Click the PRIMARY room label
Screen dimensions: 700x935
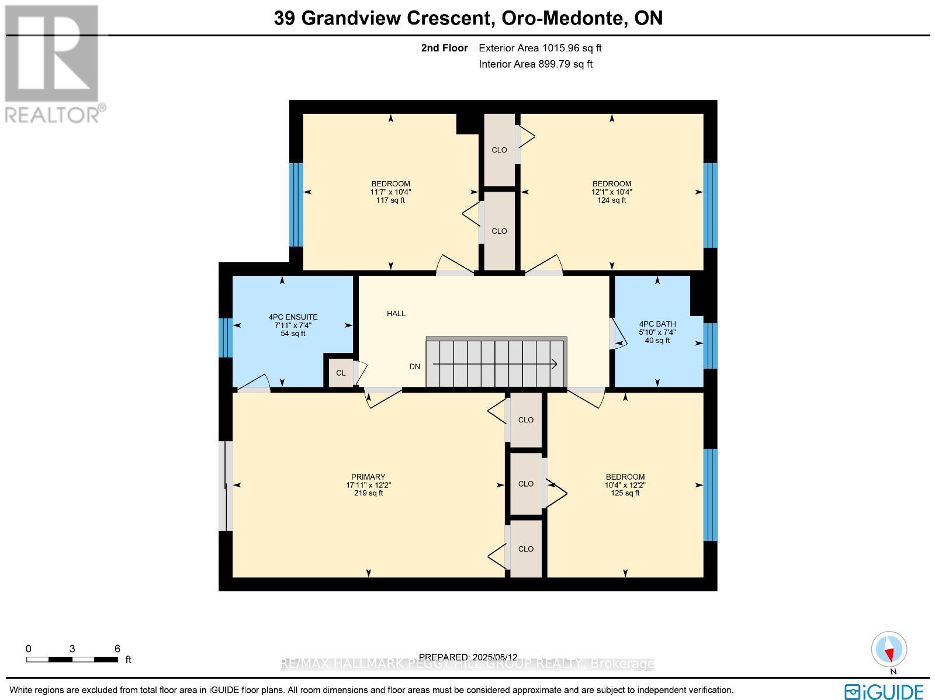pos(368,477)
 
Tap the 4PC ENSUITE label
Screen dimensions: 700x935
pos(293,317)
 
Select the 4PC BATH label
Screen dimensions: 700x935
pos(657,324)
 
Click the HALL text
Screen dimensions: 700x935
pos(396,314)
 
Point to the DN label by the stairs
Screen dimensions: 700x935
pos(414,367)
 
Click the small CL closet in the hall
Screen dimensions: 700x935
pos(341,373)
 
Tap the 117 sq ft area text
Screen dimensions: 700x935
pos(390,200)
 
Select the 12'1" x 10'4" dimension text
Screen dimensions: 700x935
pos(611,192)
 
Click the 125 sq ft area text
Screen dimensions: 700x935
pos(625,493)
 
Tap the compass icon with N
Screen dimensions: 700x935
pos(889,650)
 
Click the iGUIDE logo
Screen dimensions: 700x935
pos(884,691)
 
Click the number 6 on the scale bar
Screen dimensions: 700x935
pos(117,649)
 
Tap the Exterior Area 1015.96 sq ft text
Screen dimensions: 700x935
pos(540,48)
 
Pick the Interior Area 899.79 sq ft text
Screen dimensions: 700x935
pos(535,64)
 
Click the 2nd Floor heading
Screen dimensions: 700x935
pos(444,48)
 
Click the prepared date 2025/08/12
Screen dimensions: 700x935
pos(494,657)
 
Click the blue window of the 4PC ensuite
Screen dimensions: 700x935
pos(226,338)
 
